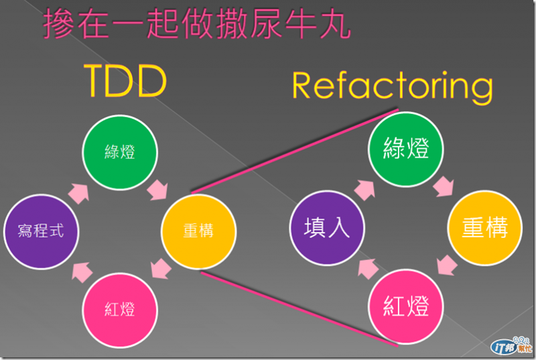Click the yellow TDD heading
click(x=125, y=82)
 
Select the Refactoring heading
click(x=392, y=86)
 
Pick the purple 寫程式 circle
click(x=41, y=231)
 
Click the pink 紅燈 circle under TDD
click(x=120, y=310)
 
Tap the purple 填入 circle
click(x=328, y=228)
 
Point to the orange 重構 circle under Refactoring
click(x=484, y=228)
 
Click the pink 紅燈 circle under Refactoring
click(x=406, y=307)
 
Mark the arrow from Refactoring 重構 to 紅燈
click(x=447, y=266)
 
